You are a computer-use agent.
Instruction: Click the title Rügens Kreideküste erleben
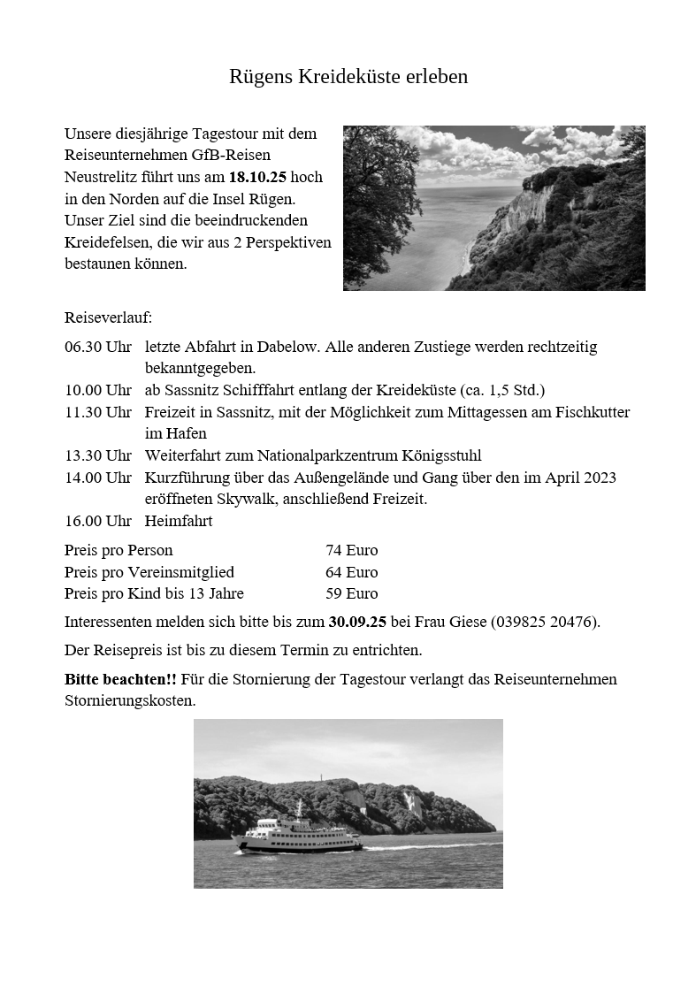pos(348,77)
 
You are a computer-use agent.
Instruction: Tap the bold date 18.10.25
pos(257,177)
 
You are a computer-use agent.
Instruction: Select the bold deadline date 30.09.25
pos(357,622)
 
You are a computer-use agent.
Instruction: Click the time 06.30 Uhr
pos(97,347)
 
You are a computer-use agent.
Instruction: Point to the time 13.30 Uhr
pos(97,456)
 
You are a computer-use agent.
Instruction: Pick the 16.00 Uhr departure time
pos(97,522)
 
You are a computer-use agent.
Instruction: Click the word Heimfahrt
pos(179,522)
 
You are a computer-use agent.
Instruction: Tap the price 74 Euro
pos(351,551)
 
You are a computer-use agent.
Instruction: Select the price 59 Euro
pos(351,593)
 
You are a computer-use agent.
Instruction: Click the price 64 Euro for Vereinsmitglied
pos(351,572)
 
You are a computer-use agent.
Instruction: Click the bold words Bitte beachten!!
pos(120,680)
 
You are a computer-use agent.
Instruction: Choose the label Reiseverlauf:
pos(108,317)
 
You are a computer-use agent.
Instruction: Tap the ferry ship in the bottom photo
pos(297,835)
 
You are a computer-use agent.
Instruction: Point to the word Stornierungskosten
pos(129,701)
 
